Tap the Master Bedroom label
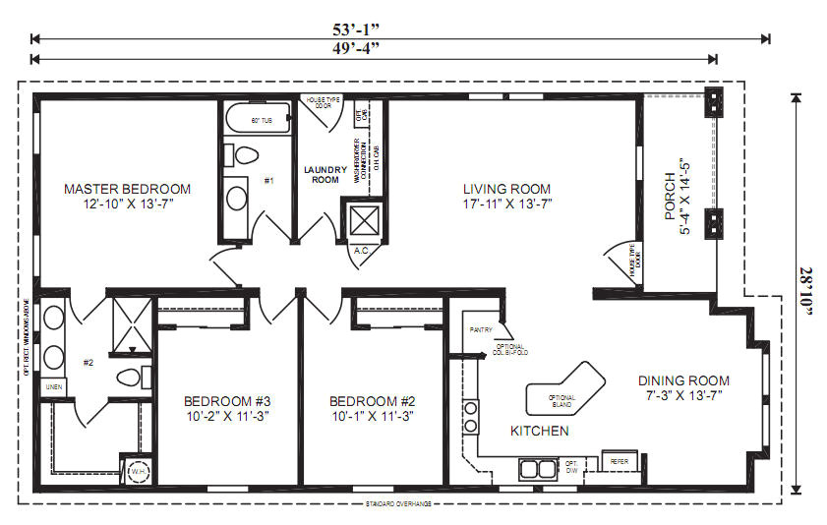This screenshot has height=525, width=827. (x=127, y=197)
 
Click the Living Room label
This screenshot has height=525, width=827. (x=507, y=197)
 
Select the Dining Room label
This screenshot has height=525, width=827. (x=683, y=388)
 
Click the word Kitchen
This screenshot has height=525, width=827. (x=539, y=431)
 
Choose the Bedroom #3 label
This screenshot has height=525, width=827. (x=227, y=408)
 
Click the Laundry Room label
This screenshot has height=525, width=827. (x=325, y=174)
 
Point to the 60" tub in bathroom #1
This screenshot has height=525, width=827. (x=258, y=121)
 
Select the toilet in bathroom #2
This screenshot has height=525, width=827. (x=132, y=377)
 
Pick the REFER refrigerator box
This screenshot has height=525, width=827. (x=620, y=461)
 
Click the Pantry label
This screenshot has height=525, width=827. (x=481, y=330)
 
